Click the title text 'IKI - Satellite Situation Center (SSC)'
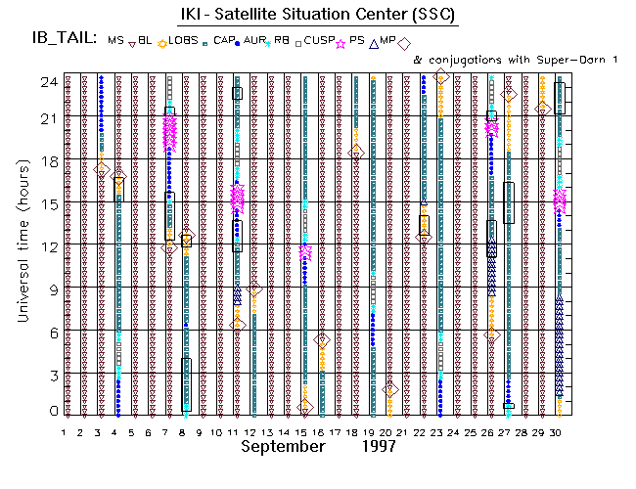[317, 15]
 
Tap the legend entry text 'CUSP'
[318, 42]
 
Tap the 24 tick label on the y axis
[47, 82]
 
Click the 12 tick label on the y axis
[47, 246]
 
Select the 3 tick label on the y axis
[51, 376]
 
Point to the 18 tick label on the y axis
[47, 160]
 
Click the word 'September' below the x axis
[283, 446]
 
